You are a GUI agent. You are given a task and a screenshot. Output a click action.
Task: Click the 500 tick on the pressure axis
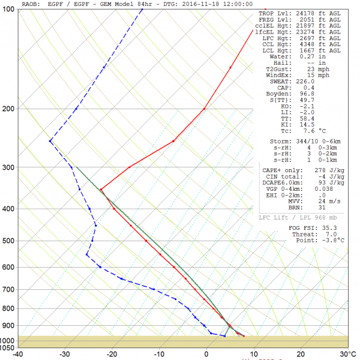pos(8,241)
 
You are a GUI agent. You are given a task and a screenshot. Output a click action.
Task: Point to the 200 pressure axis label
pos(8,109)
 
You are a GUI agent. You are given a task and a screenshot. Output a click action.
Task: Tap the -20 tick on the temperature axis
pos(112,355)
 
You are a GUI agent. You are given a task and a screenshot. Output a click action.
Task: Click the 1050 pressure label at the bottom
pos(7,348)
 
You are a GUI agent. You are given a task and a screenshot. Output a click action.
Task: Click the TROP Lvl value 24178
pos(305,14)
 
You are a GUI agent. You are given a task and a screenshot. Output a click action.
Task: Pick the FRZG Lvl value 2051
pos(307,20)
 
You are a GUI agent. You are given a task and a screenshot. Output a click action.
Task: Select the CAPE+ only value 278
pos(320,170)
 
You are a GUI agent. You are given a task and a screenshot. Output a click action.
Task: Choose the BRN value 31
pos(322,208)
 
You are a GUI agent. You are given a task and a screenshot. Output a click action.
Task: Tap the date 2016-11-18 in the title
pos(200,4)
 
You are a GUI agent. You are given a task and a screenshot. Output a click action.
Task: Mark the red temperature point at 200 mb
pos(205,109)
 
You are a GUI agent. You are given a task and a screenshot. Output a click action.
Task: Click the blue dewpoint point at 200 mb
pos(76,109)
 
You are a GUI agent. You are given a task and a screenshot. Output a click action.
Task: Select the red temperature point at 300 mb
pos(130,167)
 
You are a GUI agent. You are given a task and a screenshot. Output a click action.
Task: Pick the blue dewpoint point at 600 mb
pos(100,267)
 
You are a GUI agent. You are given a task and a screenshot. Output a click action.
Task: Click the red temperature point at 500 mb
pos(146,241)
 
